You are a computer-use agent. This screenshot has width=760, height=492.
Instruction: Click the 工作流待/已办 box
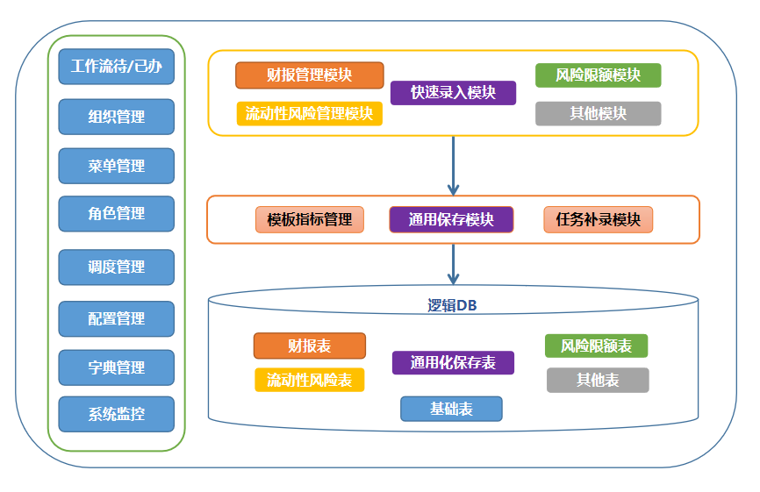point(117,67)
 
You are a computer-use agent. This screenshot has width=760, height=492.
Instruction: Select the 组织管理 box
point(117,117)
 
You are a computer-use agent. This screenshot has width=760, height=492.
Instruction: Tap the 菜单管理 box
point(117,166)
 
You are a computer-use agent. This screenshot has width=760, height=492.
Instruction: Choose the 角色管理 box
point(117,213)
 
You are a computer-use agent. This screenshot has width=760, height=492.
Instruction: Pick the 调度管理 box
point(117,267)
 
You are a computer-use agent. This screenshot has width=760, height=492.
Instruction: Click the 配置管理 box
point(117,318)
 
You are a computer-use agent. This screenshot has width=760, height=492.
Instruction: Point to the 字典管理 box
point(117,367)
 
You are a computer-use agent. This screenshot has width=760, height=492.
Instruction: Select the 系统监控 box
point(117,414)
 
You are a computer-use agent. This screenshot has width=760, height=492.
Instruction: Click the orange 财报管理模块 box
point(309,75)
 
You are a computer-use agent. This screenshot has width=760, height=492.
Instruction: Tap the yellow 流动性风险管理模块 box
point(309,114)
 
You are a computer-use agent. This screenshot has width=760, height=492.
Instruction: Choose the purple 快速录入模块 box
point(453,92)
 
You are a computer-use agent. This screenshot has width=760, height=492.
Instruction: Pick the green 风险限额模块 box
point(598,75)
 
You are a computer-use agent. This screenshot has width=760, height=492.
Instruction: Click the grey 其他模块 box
point(598,114)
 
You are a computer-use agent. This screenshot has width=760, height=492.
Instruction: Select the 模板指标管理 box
point(309,219)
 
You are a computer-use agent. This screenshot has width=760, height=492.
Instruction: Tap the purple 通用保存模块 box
point(451,219)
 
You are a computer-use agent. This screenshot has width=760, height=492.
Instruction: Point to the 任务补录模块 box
point(598,219)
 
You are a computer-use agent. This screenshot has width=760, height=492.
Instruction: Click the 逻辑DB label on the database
point(452,305)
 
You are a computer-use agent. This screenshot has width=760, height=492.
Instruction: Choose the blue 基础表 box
point(451,409)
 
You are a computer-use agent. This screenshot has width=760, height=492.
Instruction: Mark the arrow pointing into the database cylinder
point(453,265)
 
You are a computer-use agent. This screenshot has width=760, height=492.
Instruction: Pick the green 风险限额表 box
point(596,346)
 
